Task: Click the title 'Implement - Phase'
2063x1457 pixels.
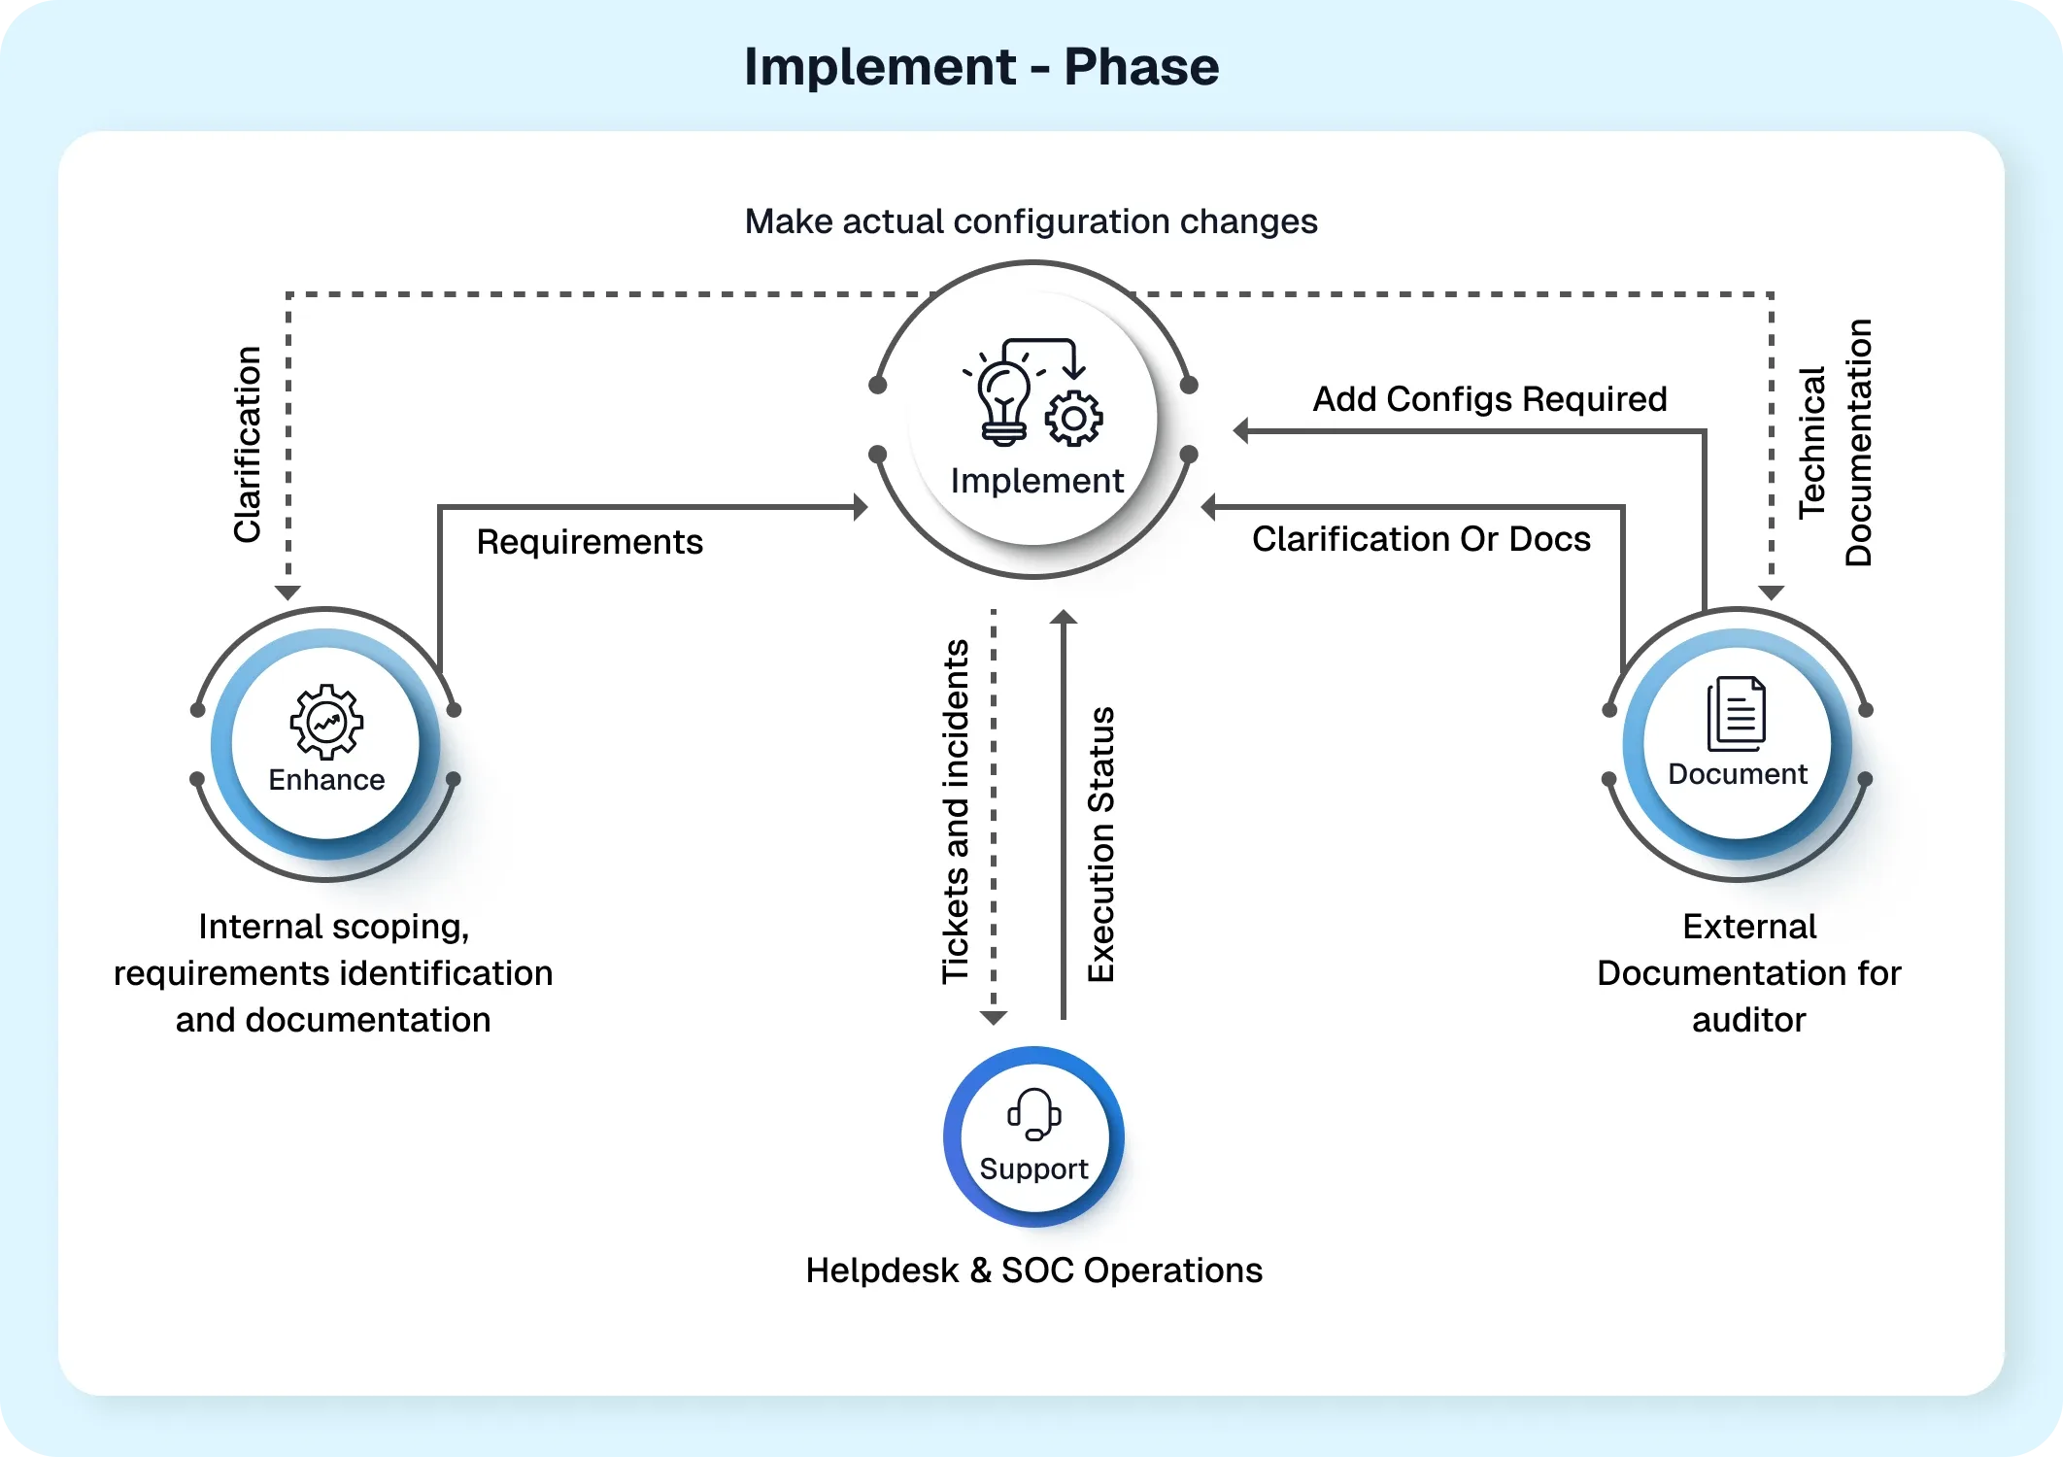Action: tap(981, 67)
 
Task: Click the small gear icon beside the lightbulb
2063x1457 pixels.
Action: tap(1073, 419)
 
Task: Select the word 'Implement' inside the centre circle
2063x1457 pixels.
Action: tap(1036, 481)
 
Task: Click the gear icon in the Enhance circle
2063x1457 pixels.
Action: tap(326, 722)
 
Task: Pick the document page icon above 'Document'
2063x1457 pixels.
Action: tap(1737, 714)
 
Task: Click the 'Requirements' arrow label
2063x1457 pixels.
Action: tap(590, 542)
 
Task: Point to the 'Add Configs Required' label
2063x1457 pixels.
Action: tap(1490, 399)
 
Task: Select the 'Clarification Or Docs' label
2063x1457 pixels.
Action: tap(1421, 539)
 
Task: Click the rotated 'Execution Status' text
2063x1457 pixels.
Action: tap(1100, 844)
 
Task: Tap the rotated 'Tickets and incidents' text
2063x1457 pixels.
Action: tap(956, 811)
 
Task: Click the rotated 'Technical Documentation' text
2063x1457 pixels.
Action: tap(1835, 443)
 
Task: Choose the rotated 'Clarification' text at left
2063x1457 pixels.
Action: tap(248, 444)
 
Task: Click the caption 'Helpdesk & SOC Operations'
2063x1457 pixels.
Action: tap(1033, 1271)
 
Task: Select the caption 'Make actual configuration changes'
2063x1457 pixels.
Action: tap(1031, 221)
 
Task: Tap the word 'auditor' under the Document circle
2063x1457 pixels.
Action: tap(1748, 1020)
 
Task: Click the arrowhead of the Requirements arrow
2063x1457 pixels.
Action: tap(860, 507)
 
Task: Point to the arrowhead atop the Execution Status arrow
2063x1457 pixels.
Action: tap(1064, 617)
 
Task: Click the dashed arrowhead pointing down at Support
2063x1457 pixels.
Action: tap(993, 1017)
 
